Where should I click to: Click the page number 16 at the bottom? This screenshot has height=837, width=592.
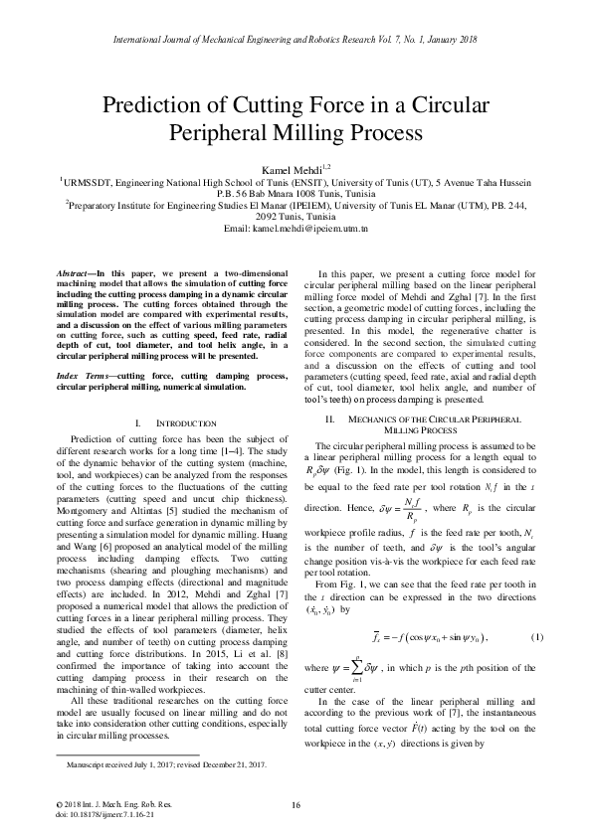pos(296,804)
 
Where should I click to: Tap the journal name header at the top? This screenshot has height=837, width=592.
pos(296,38)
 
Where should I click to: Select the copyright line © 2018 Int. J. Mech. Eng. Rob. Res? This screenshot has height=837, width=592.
pos(106,804)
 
